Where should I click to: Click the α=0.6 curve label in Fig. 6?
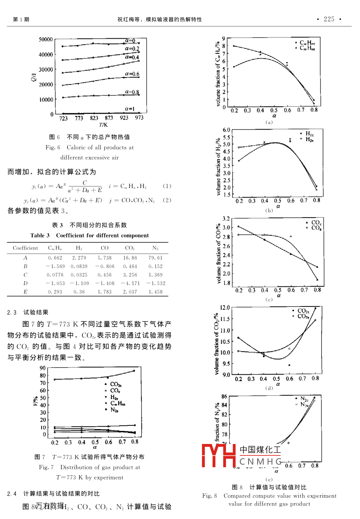[132, 73]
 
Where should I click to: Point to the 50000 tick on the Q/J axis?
[46, 39]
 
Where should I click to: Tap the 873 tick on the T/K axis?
[109, 118]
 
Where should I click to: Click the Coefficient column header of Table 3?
[25, 248]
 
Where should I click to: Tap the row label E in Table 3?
[25, 292]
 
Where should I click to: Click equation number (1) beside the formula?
[167, 186]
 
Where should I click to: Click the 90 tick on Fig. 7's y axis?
[43, 368]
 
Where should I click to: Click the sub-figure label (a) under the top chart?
[269, 122]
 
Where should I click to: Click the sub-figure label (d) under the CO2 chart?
[269, 388]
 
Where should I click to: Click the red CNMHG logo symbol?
[219, 455]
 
